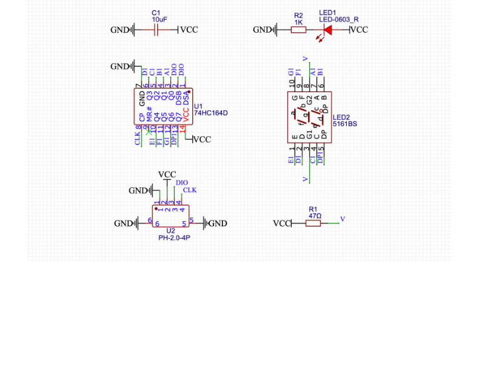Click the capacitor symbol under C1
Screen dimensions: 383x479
click(x=156, y=30)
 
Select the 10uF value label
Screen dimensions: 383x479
click(x=159, y=19)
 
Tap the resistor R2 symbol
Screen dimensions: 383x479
click(x=298, y=30)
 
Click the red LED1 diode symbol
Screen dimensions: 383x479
click(x=328, y=30)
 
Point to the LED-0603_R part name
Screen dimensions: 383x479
click(x=338, y=19)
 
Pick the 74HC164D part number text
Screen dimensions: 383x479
click(x=210, y=113)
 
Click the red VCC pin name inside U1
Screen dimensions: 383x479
click(x=186, y=113)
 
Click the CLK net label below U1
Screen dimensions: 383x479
click(x=138, y=138)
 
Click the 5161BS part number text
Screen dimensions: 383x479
click(x=344, y=124)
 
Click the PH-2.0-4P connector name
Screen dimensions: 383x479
click(x=174, y=238)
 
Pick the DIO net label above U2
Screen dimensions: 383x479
click(x=181, y=182)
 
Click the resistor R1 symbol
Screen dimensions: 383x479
click(x=313, y=223)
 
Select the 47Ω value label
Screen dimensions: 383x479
click(x=315, y=216)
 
